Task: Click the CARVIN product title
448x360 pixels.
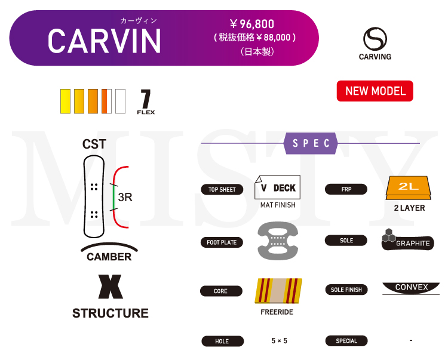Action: click(x=105, y=41)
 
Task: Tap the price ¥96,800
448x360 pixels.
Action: click(x=252, y=24)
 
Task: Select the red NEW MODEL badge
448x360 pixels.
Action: click(x=375, y=91)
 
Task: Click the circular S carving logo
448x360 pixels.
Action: click(x=375, y=39)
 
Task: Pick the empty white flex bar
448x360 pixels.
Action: click(x=120, y=101)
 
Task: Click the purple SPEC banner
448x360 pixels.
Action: click(x=311, y=143)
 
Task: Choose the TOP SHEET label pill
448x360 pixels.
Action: click(x=222, y=190)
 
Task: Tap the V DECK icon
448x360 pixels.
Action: click(x=278, y=187)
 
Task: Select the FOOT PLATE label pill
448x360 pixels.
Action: click(x=222, y=242)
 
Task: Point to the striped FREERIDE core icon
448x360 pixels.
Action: click(x=278, y=291)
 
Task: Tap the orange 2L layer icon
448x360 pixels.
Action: click(x=409, y=188)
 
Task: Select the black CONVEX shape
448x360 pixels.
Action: click(x=412, y=288)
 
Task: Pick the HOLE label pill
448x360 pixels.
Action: click(x=222, y=341)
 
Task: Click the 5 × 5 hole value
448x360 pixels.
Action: click(x=279, y=341)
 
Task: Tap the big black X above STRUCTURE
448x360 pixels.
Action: click(x=111, y=287)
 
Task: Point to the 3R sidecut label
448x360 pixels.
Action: click(x=125, y=198)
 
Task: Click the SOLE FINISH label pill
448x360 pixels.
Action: click(x=346, y=290)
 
